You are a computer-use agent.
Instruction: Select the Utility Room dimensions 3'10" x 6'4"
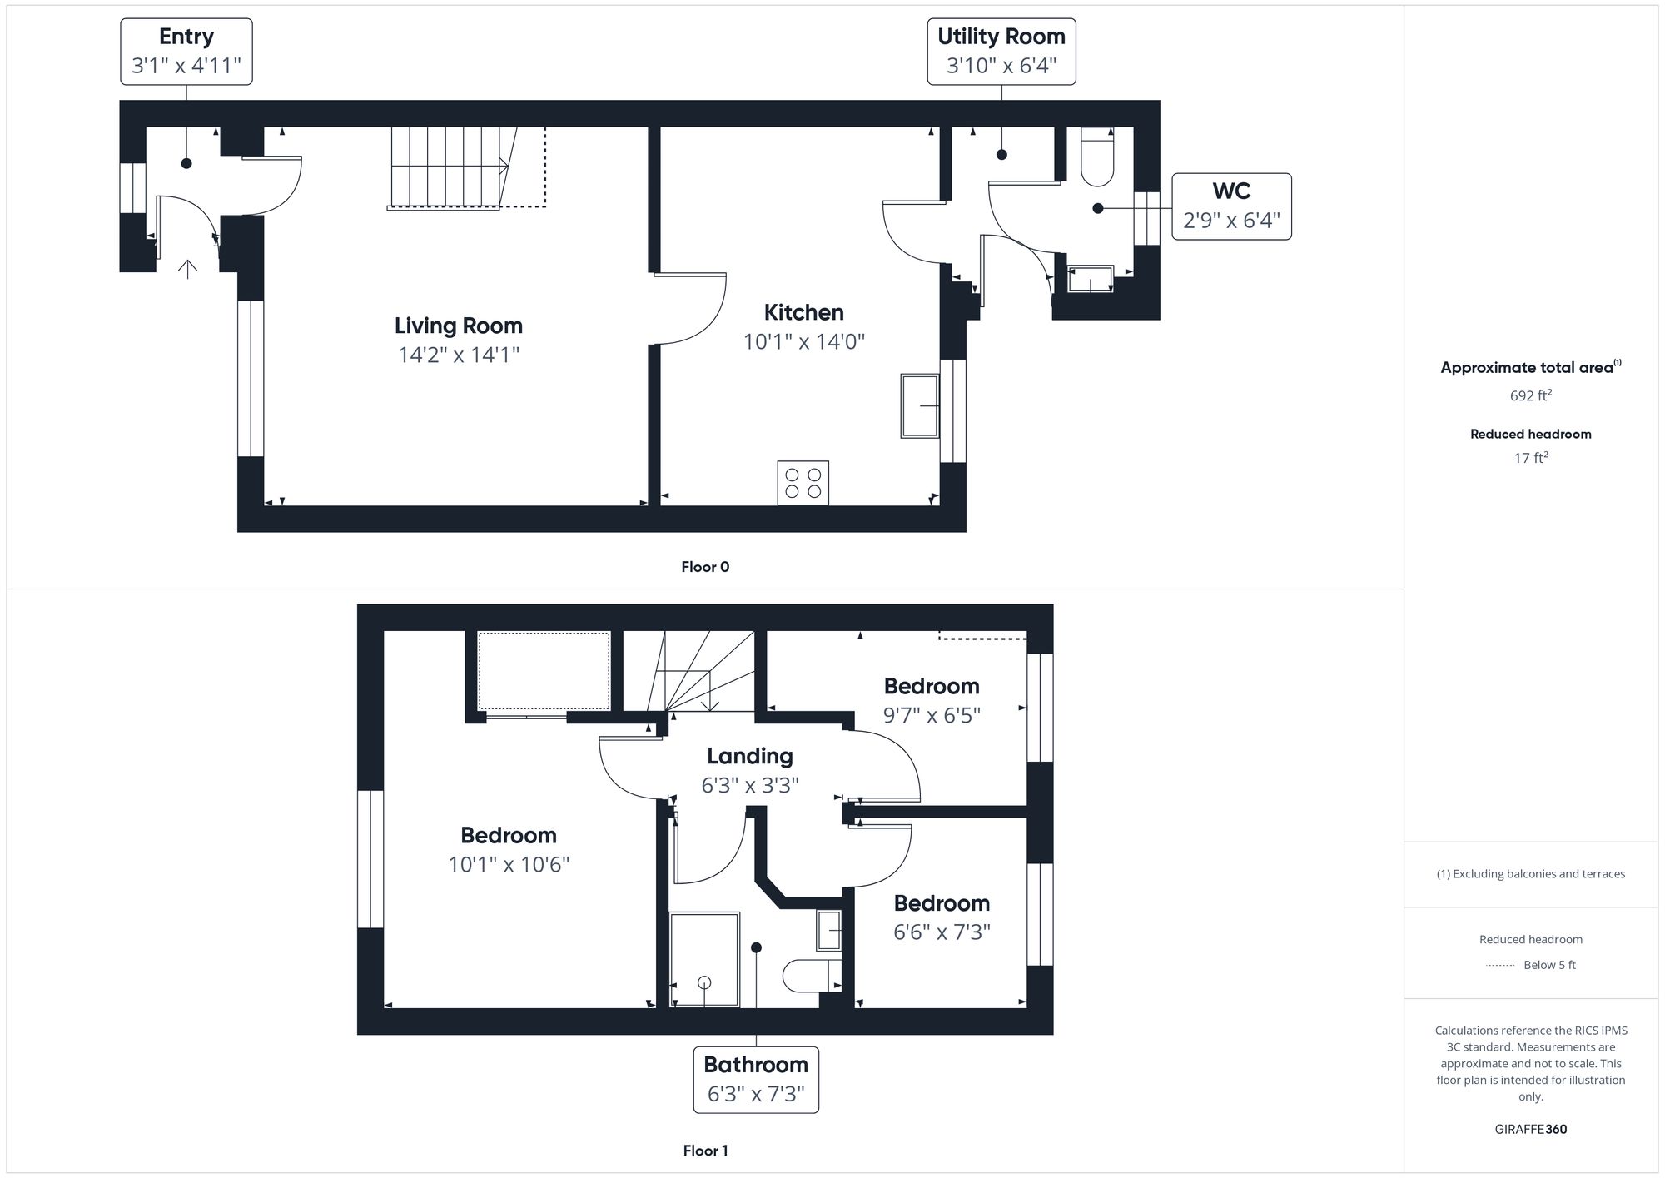(x=1001, y=66)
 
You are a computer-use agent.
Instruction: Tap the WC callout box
(x=1231, y=206)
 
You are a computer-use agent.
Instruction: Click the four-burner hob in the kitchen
(x=803, y=482)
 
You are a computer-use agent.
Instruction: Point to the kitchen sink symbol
(x=920, y=406)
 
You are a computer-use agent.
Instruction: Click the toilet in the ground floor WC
(x=1097, y=158)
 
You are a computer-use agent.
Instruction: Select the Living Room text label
(x=459, y=326)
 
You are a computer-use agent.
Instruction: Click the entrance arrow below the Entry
(x=188, y=269)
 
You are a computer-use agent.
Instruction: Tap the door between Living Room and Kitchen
(x=692, y=308)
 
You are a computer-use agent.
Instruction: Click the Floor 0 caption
(x=705, y=567)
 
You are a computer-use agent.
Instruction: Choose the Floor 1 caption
(x=705, y=1151)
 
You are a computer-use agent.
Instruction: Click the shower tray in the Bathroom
(x=704, y=959)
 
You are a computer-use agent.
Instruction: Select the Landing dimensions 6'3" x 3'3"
(x=750, y=785)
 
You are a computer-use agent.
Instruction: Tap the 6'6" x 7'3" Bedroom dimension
(x=942, y=932)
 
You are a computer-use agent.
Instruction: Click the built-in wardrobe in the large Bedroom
(x=544, y=671)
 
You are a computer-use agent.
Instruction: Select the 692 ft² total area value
(x=1530, y=395)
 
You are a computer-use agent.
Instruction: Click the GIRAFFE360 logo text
(x=1530, y=1129)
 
